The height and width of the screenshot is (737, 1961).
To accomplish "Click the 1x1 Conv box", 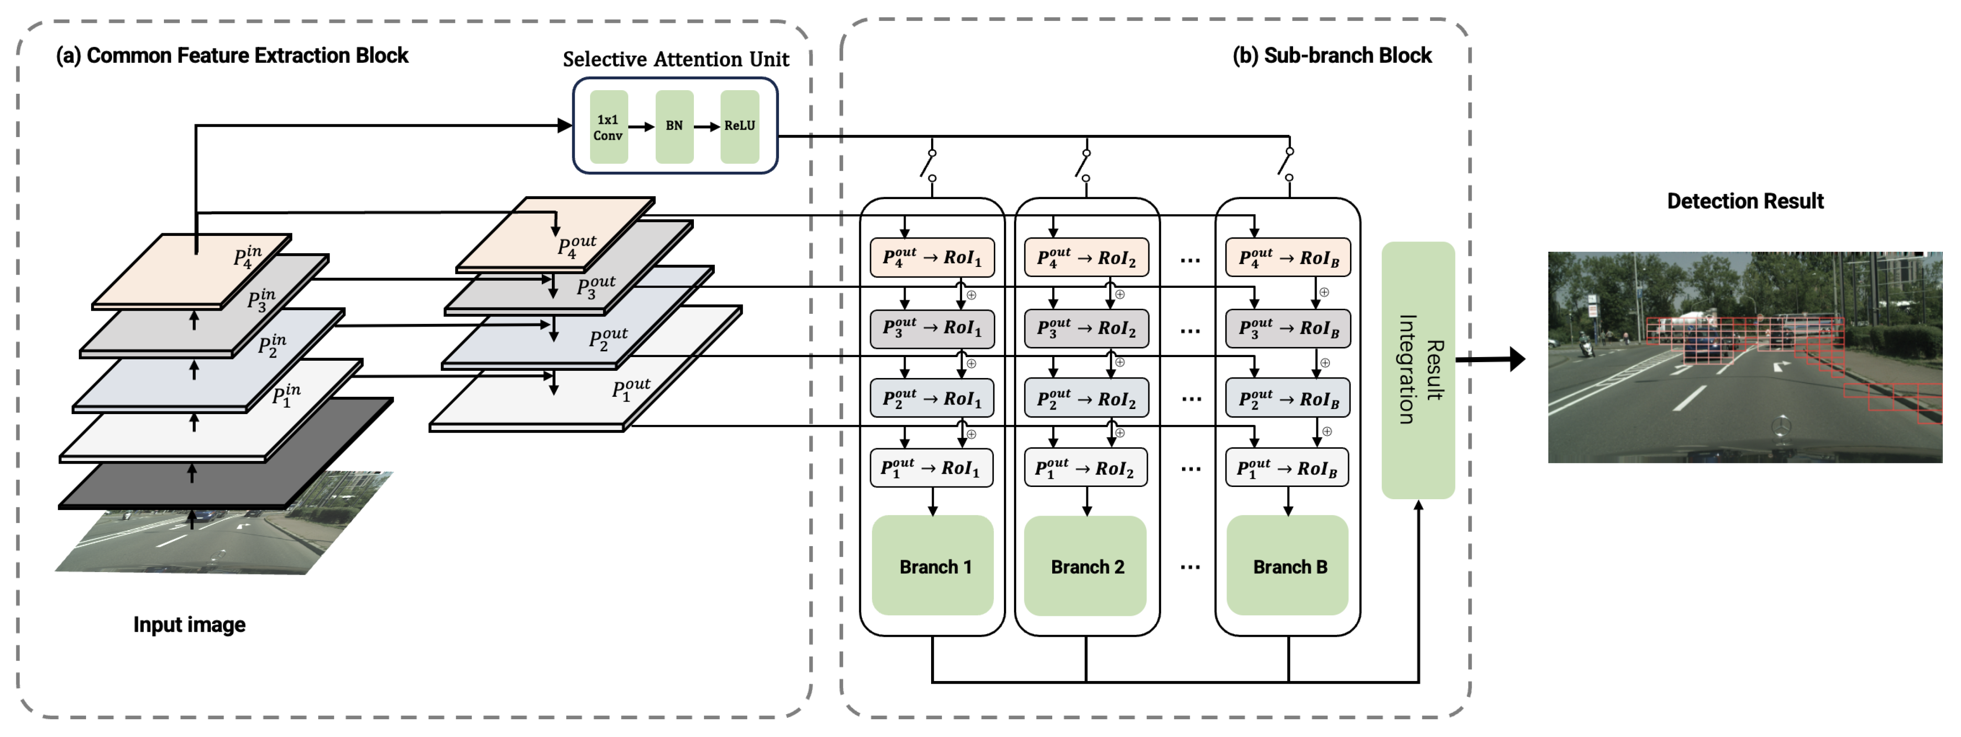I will pos(608,127).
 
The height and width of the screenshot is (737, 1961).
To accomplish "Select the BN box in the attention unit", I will pos(674,126).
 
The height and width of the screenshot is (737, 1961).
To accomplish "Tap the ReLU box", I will pos(739,126).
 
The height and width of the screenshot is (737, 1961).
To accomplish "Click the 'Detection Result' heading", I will pos(1745,201).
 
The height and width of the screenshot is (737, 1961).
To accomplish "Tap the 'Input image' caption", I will pos(189,624).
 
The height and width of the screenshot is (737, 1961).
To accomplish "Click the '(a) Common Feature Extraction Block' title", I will pos(232,56).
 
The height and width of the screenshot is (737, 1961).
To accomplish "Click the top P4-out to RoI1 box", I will pos(932,257).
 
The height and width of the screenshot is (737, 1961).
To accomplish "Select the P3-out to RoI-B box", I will pos(1288,328).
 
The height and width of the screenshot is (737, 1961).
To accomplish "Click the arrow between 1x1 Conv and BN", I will pos(641,126).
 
